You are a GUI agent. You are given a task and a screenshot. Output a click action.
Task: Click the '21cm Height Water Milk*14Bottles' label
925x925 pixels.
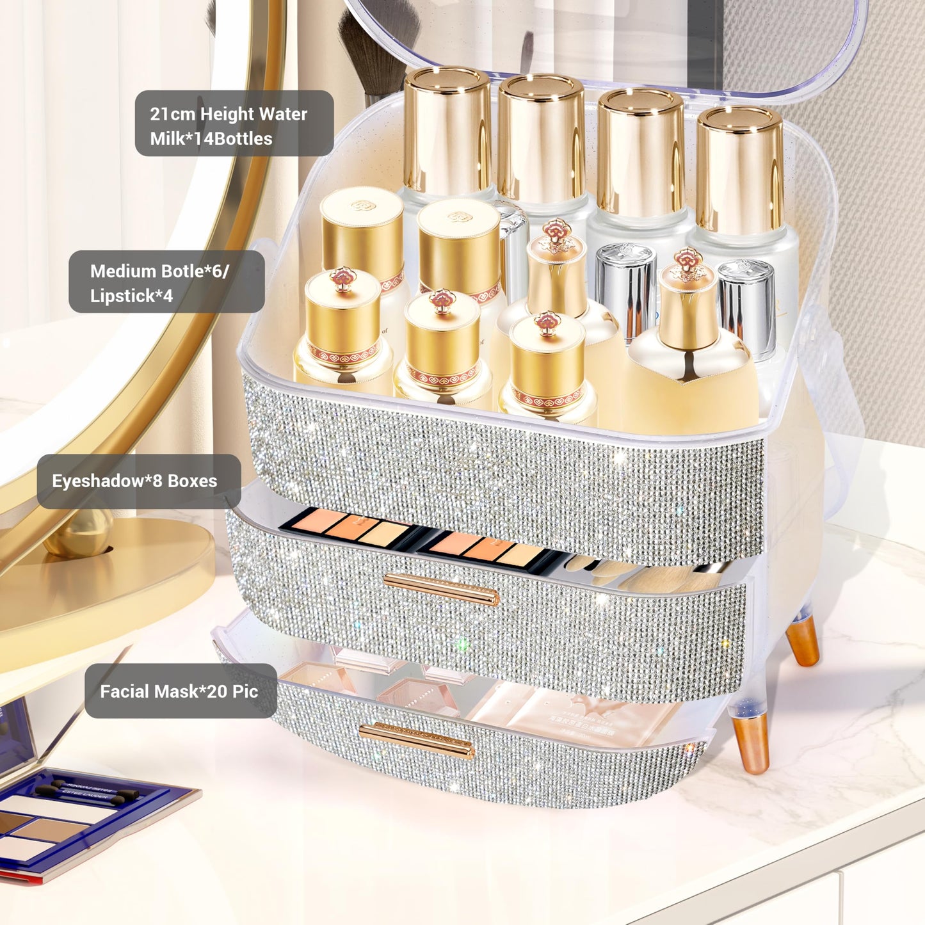(x=234, y=124)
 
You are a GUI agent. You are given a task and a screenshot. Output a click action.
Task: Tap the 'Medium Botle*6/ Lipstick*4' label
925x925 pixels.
(x=166, y=282)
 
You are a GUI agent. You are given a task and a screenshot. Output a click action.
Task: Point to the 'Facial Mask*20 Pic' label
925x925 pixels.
(x=181, y=691)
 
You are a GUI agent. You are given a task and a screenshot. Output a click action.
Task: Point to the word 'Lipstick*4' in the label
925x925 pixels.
(x=131, y=296)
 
